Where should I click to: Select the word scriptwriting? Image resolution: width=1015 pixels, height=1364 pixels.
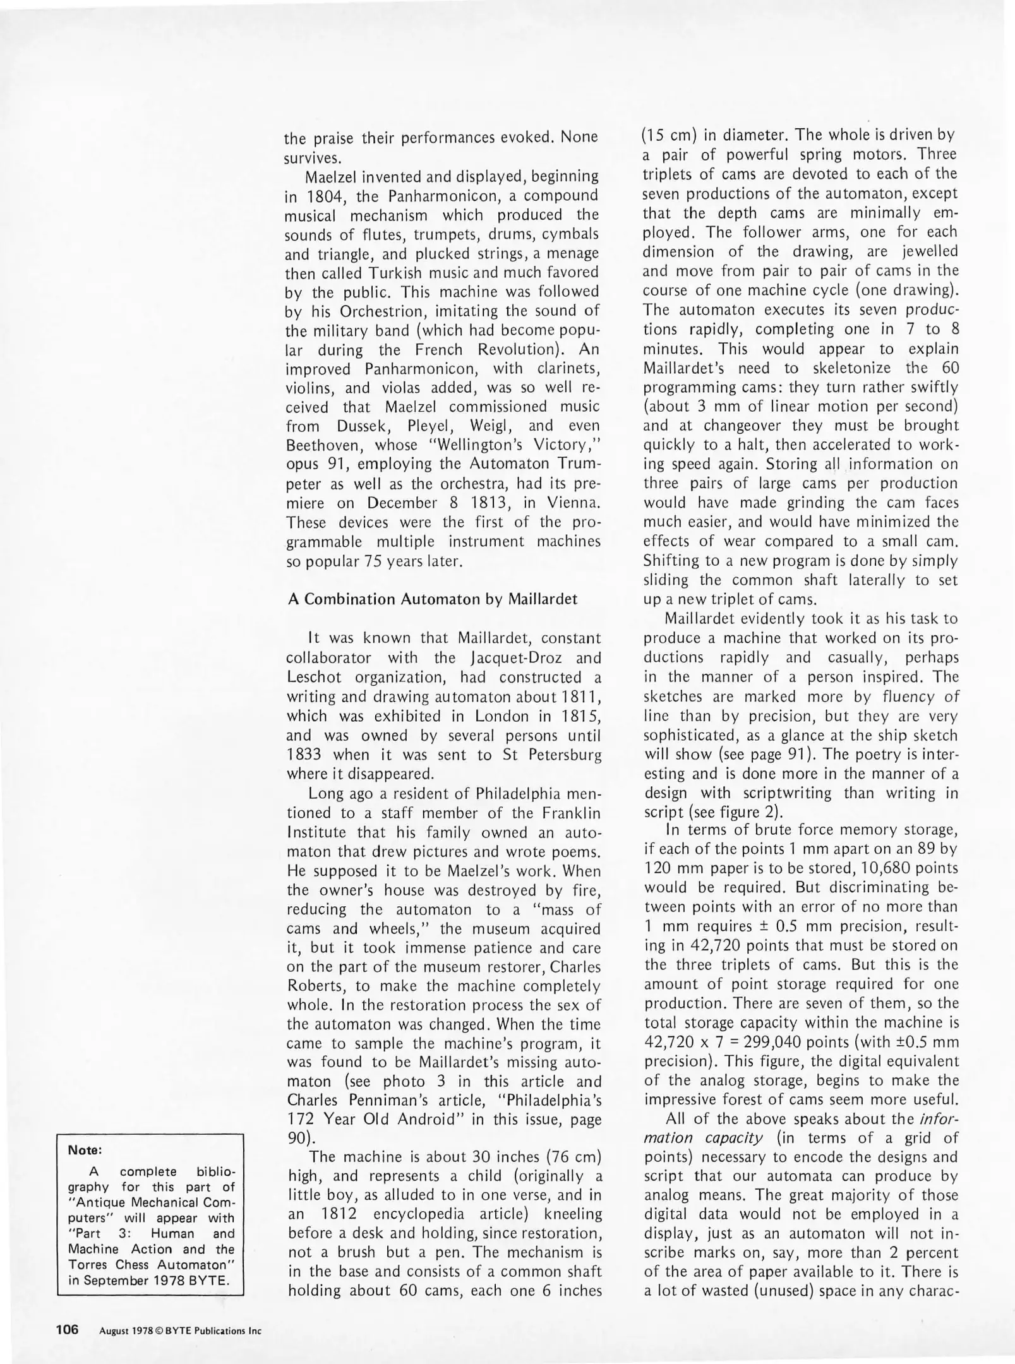point(790,793)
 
